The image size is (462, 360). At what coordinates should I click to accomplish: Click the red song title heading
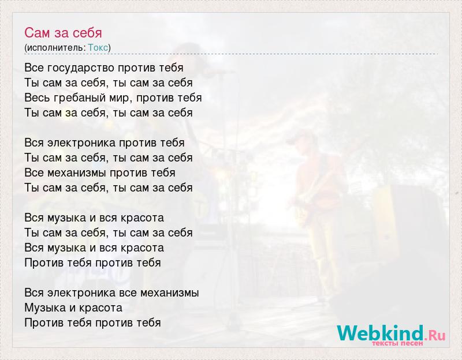click(63, 33)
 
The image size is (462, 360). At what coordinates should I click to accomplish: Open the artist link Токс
click(98, 47)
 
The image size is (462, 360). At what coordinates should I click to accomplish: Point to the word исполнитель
click(55, 48)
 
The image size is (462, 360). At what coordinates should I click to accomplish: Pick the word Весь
click(38, 97)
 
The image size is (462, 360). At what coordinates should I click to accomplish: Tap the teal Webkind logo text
click(381, 333)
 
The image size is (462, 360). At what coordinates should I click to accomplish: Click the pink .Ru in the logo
click(435, 335)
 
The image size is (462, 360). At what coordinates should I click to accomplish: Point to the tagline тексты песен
click(397, 343)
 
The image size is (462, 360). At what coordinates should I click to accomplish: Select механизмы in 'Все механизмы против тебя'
click(78, 172)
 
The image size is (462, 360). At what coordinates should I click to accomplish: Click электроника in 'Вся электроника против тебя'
click(81, 143)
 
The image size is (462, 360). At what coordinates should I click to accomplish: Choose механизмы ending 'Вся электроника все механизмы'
click(169, 293)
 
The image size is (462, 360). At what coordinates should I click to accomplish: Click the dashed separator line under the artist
click(231, 54)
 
